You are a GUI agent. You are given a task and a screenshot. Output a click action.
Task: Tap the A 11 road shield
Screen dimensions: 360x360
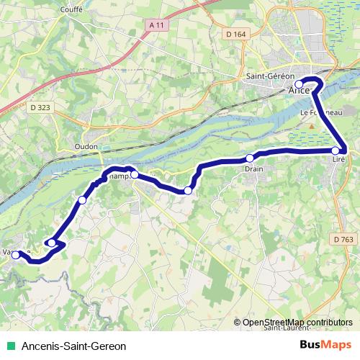pyautogui.click(x=154, y=26)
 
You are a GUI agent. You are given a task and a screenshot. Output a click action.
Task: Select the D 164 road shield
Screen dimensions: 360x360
pyautogui.click(x=235, y=33)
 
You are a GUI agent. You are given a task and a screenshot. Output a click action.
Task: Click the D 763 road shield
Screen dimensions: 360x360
pyautogui.click(x=344, y=238)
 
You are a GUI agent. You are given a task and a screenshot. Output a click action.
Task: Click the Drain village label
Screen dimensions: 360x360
pyautogui.click(x=253, y=169)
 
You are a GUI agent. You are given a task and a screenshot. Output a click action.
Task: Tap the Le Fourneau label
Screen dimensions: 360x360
pyautogui.click(x=316, y=113)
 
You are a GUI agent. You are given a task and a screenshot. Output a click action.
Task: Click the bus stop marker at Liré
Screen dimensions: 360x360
pyautogui.click(x=336, y=150)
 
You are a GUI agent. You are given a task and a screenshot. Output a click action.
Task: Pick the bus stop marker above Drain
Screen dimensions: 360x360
pyautogui.click(x=250, y=158)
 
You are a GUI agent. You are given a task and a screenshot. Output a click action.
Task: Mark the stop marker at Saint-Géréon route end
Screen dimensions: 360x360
pyautogui.click(x=300, y=84)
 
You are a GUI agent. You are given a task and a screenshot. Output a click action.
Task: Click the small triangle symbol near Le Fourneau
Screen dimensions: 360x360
pyautogui.click(x=311, y=126)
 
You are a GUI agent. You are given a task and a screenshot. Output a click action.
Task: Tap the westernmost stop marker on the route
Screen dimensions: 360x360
pyautogui.click(x=16, y=255)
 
